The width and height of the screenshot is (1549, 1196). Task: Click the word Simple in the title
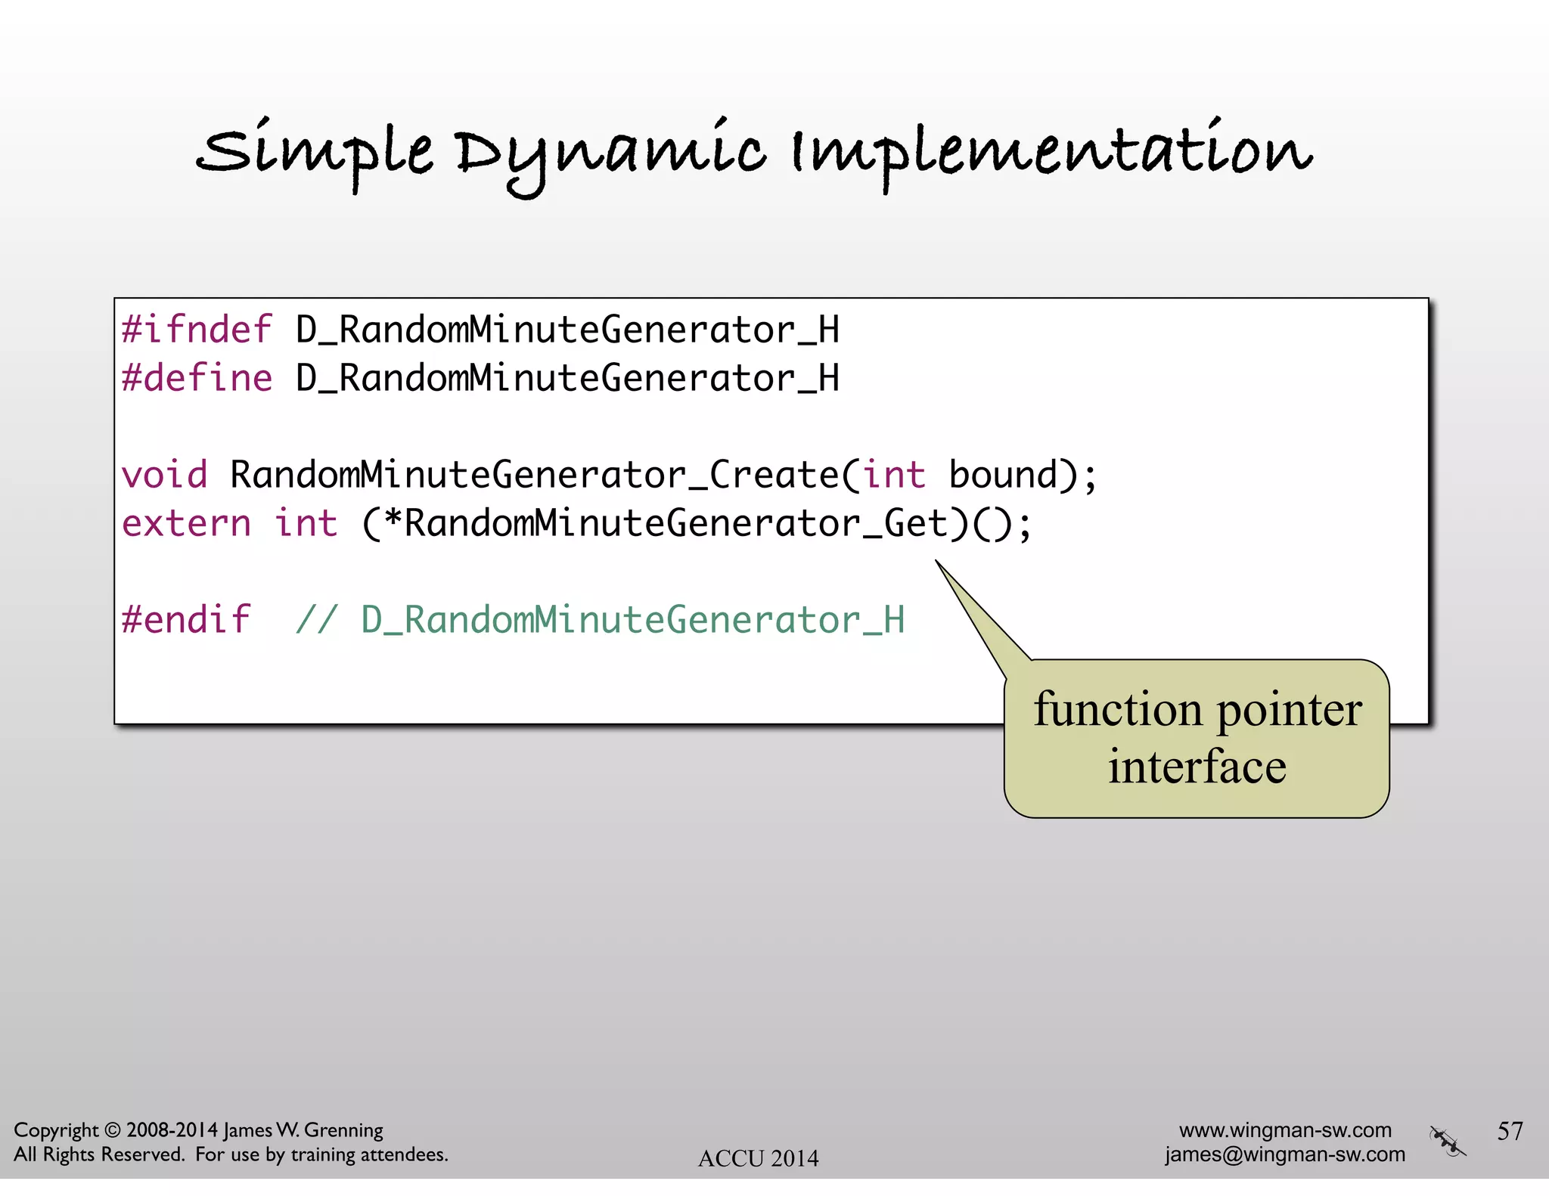[x=315, y=151]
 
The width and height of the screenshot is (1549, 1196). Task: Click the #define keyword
[x=197, y=378]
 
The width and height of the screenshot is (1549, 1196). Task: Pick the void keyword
[x=164, y=476]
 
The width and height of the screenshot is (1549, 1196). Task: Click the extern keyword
[x=186, y=524]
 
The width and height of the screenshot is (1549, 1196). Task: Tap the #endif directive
[x=186, y=620]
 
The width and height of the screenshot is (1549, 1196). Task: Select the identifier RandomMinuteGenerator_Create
[x=534, y=476]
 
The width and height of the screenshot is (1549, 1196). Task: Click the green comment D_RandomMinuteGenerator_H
[x=632, y=620]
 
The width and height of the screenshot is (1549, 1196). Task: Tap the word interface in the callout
[x=1197, y=767]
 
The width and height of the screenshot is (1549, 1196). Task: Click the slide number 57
[x=1510, y=1131]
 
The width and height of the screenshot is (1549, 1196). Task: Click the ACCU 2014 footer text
[x=758, y=1158]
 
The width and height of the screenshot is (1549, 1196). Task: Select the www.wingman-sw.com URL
[x=1285, y=1130]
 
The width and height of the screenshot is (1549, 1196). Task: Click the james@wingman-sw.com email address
[x=1285, y=1154]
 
